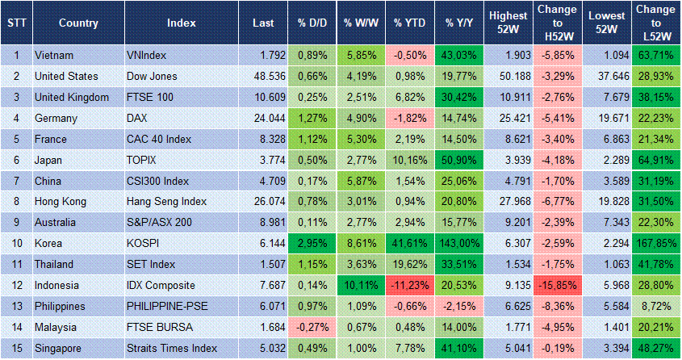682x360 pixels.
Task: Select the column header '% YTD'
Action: [x=409, y=23]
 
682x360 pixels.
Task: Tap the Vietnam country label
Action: [x=55, y=55]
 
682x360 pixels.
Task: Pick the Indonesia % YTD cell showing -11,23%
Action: [x=409, y=286]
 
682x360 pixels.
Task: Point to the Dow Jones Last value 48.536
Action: [x=266, y=76]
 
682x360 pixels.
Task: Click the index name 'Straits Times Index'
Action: [x=172, y=349]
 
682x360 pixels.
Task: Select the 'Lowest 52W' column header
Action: [x=605, y=23]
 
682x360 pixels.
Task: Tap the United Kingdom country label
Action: [x=72, y=97]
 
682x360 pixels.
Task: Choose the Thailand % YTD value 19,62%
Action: [x=409, y=265]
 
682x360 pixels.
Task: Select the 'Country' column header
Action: [x=78, y=23]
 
